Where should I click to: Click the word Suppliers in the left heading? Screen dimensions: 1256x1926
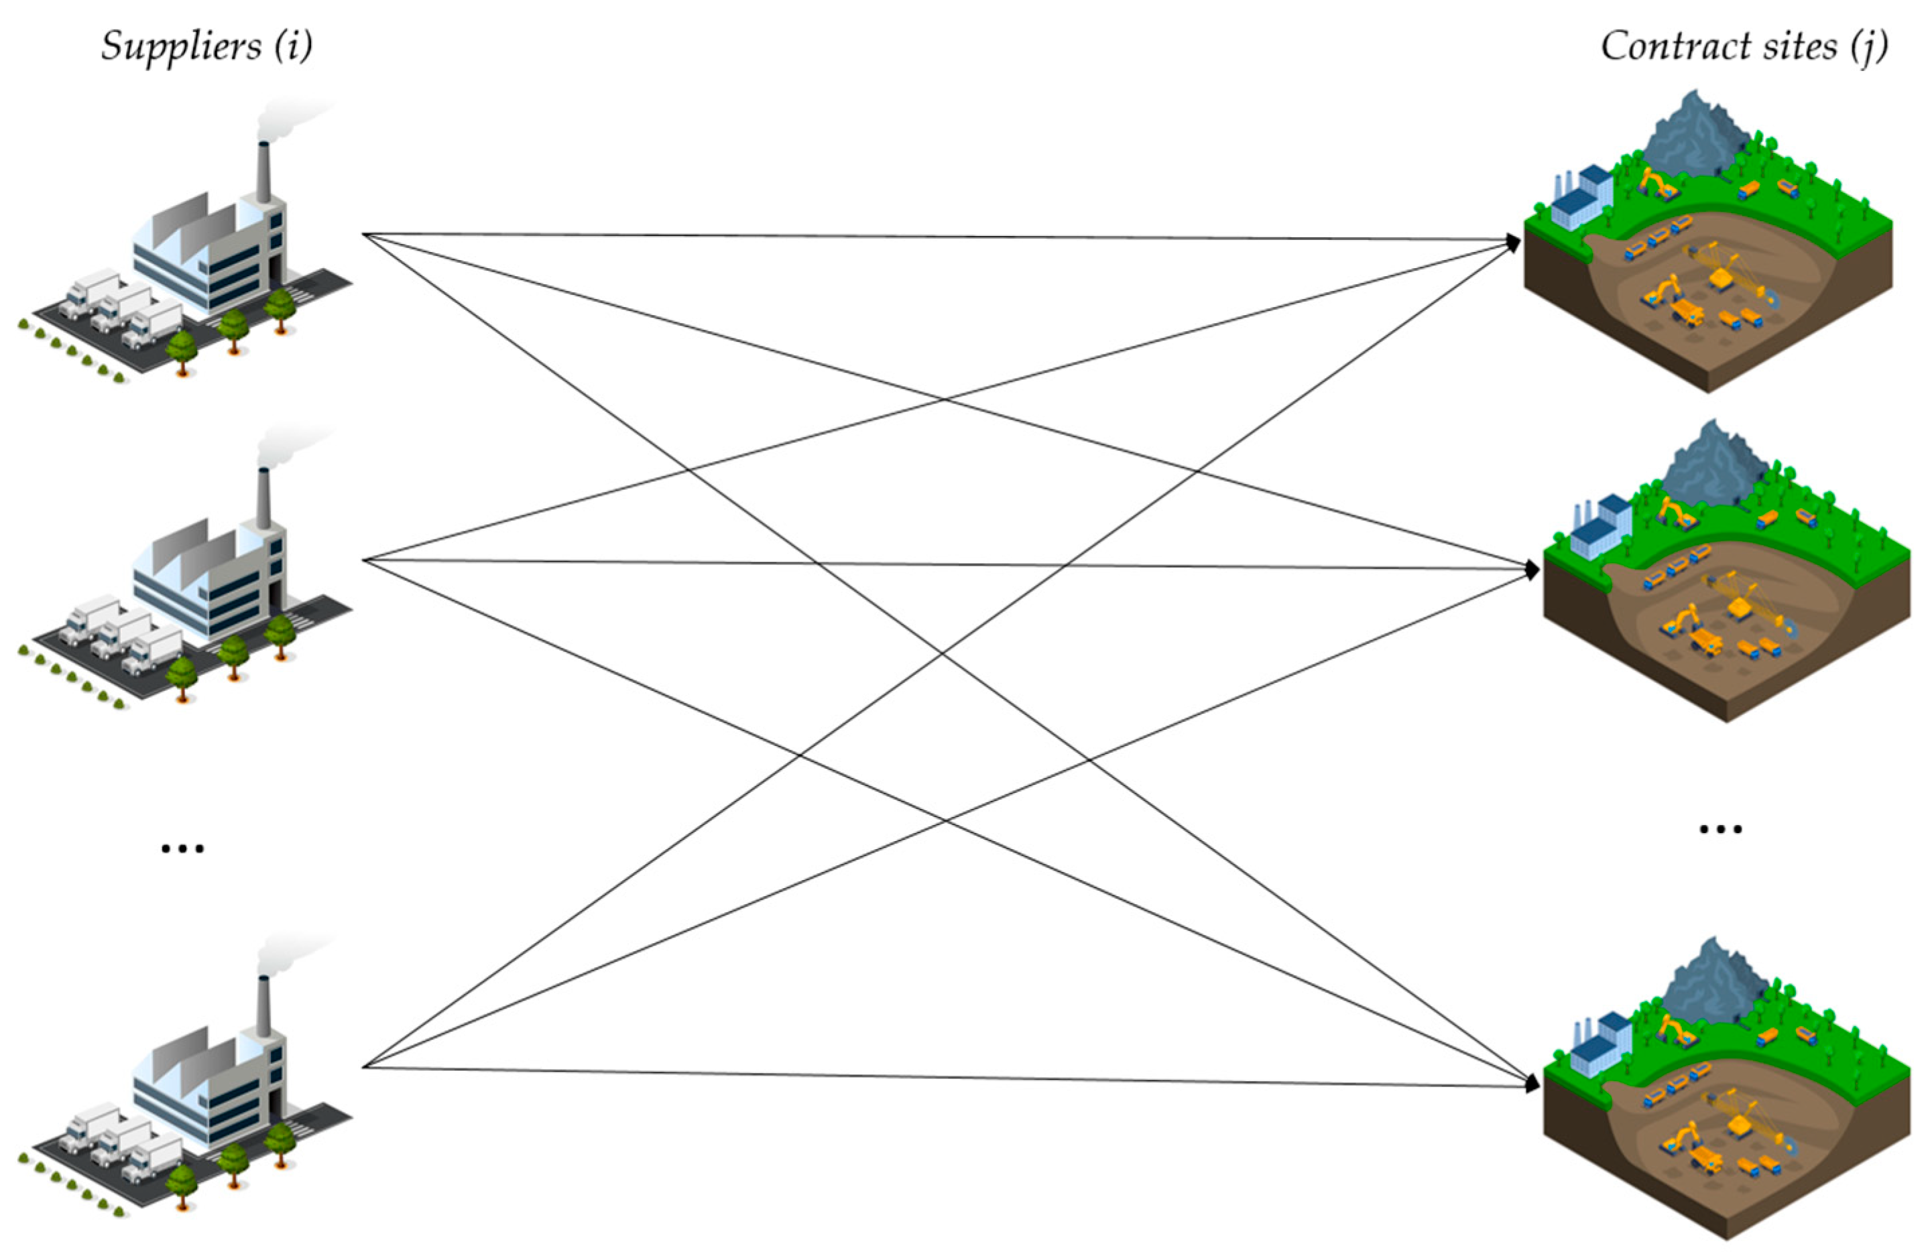[180, 46]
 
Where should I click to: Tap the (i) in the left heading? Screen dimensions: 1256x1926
[293, 46]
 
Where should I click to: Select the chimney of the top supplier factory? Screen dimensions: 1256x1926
[263, 172]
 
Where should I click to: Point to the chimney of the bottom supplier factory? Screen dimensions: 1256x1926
[263, 1006]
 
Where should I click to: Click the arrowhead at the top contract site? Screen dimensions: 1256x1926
[1512, 241]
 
